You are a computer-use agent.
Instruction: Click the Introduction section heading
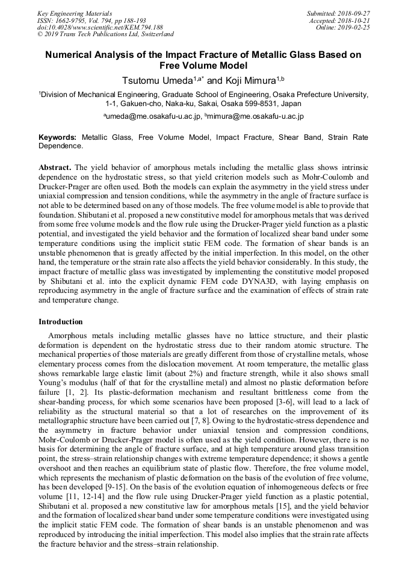point(61,322)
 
